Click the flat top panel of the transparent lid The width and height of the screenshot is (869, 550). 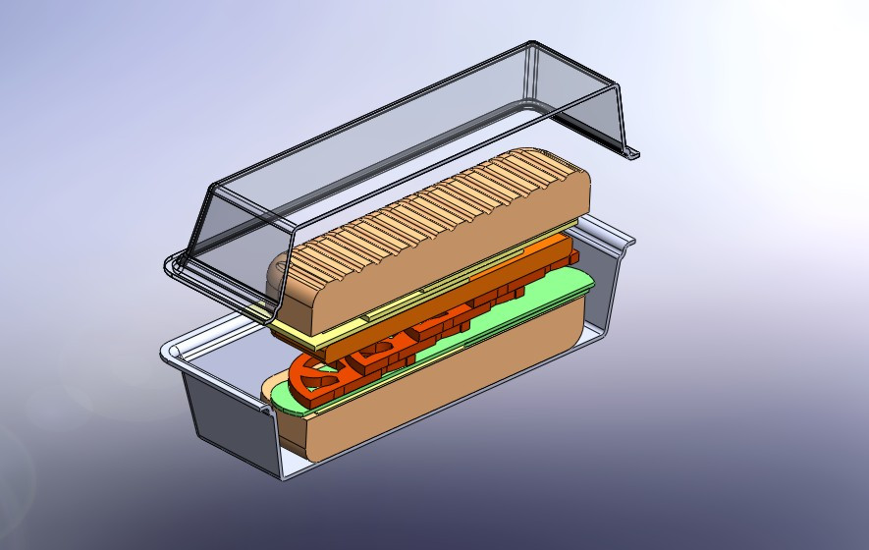pos(393,128)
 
